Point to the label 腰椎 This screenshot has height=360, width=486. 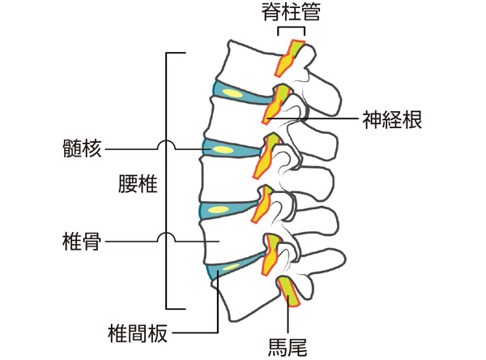click(x=137, y=185)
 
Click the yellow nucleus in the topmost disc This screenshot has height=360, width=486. click(x=232, y=94)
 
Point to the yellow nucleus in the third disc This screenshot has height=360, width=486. click(x=217, y=211)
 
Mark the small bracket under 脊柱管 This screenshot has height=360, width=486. click(x=289, y=30)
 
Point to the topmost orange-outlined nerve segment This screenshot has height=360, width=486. click(x=289, y=57)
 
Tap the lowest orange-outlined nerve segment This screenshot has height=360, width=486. click(x=288, y=292)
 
